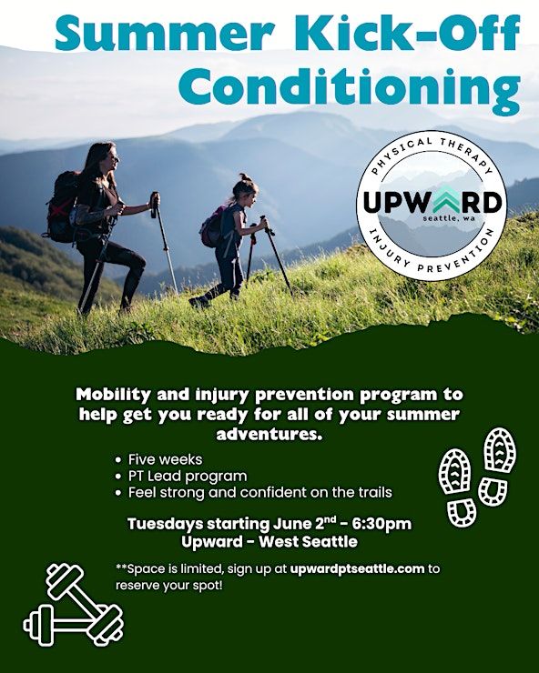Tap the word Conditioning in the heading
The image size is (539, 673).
350,88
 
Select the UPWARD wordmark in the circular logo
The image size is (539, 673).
432,202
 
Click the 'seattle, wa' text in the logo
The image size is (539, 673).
447,218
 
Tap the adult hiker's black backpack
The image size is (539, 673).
63,206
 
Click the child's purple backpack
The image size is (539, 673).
214,226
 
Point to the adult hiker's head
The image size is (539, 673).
105,157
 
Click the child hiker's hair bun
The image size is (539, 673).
243,176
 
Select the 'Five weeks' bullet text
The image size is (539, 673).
165,459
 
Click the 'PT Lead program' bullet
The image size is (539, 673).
188,476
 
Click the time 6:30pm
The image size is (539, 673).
381,524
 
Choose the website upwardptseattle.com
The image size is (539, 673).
357,569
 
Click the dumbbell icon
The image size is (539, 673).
73,605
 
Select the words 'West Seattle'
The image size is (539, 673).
308,542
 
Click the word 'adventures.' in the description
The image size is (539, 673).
269,434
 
